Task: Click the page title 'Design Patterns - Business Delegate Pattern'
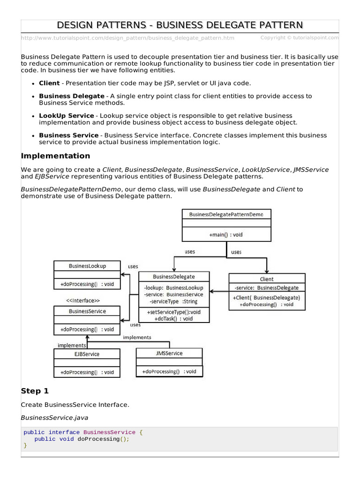[180, 25]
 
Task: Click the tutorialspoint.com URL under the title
[127, 38]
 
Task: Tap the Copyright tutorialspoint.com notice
[299, 37]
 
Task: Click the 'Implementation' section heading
[56, 156]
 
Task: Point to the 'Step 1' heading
[35, 391]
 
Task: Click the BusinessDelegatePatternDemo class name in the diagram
[226, 214]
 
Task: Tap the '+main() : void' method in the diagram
[226, 234]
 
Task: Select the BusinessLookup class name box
[87, 266]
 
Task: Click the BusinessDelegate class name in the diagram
[174, 277]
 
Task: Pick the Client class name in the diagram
[267, 279]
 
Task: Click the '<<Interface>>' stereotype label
[82, 300]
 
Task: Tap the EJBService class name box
[87, 354]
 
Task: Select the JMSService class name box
[169, 353]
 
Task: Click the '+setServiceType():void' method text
[174, 312]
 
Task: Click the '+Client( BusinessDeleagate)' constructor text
[266, 297]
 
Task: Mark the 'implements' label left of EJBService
[72, 345]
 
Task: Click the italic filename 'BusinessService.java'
[54, 417]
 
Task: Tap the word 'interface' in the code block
[64, 432]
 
